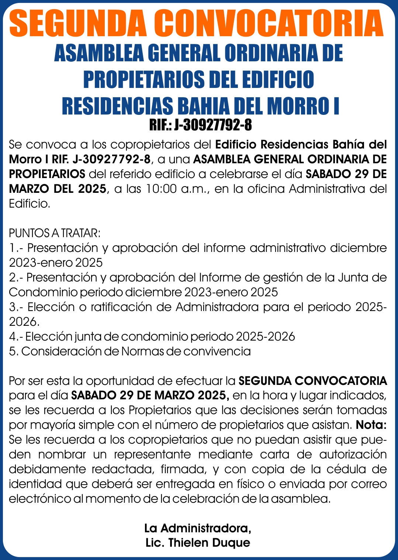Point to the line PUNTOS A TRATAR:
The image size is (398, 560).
tap(55, 233)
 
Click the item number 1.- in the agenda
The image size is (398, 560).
tap(17, 248)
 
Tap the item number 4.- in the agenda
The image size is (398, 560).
tap(17, 337)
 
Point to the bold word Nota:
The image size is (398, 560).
tap(371, 425)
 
